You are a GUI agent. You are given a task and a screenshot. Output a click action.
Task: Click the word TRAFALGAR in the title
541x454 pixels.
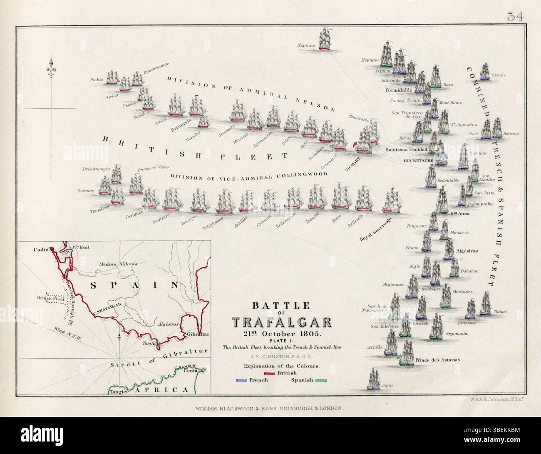282,322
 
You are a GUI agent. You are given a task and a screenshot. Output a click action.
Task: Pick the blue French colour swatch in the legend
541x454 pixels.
244,380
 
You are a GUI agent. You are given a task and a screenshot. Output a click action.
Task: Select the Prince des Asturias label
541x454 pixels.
438,360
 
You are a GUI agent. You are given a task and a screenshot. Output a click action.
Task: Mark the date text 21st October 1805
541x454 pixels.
282,334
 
